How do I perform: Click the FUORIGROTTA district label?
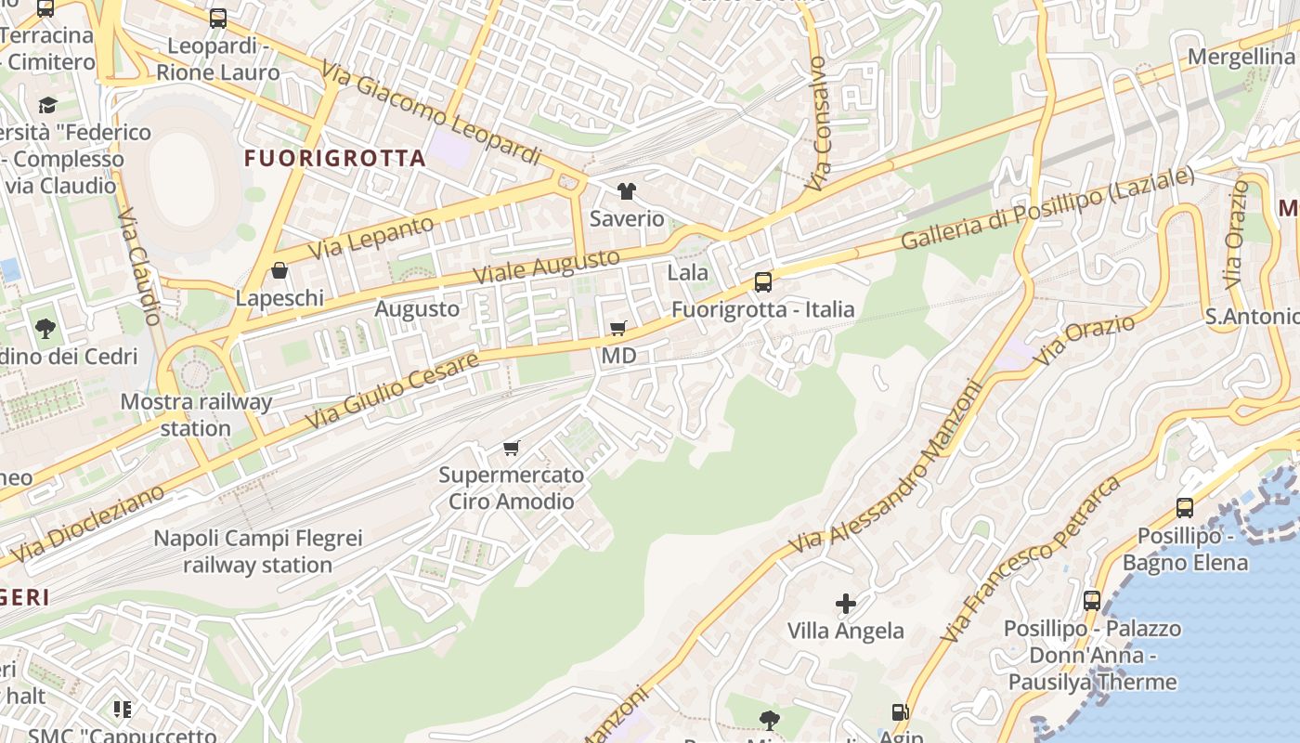tap(335, 159)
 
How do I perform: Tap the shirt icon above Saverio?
tap(627, 191)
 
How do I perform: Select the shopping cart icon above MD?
tap(618, 328)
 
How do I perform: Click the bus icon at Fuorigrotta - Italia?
tap(762, 281)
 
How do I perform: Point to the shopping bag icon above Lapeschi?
tap(279, 270)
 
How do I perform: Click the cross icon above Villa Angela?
tap(845, 604)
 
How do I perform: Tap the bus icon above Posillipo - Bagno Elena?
tap(1185, 507)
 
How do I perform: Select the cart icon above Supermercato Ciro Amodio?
tap(511, 448)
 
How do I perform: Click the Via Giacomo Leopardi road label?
tap(432, 113)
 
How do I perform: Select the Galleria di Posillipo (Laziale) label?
tap(1047, 209)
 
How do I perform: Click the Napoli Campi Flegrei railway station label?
tap(257, 552)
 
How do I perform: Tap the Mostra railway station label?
tap(196, 415)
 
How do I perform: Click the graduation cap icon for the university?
tap(46, 105)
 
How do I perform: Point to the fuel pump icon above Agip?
tap(900, 712)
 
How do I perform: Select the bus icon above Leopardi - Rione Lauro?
tap(218, 18)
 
